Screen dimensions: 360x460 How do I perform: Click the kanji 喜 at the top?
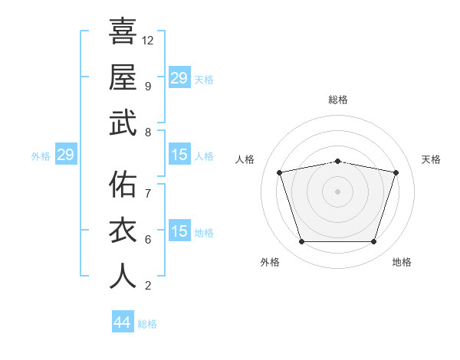click(x=123, y=31)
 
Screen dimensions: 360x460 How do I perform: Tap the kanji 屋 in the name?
click(x=123, y=77)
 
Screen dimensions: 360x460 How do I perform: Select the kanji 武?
click(x=123, y=123)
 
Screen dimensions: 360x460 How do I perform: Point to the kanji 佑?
click(x=123, y=185)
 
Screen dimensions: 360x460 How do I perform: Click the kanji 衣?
click(x=123, y=231)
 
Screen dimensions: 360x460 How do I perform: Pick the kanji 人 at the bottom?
click(x=123, y=277)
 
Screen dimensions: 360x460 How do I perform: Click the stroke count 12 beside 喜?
click(x=148, y=40)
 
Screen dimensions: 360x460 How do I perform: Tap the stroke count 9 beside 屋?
click(x=147, y=86)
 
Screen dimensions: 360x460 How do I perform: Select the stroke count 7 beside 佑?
click(x=147, y=193)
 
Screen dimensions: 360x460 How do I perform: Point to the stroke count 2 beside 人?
click(x=147, y=286)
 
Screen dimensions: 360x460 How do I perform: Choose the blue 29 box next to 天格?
click(x=179, y=78)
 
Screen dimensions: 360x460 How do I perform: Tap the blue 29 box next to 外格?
click(x=65, y=155)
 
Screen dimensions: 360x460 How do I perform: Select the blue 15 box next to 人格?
click(x=179, y=155)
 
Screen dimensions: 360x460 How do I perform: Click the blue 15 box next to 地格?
click(x=179, y=231)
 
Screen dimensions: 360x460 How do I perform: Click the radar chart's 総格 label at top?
click(x=338, y=100)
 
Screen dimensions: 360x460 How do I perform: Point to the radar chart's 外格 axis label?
click(x=270, y=262)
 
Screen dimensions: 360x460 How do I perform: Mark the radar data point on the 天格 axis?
click(x=396, y=172)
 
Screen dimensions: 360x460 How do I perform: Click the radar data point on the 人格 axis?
click(x=280, y=172)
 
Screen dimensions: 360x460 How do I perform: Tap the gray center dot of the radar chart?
click(x=338, y=191)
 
